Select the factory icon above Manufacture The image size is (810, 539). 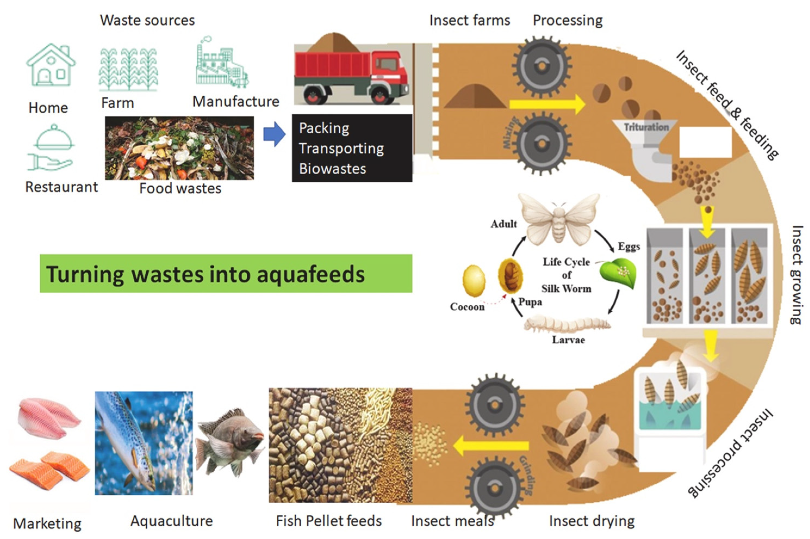click(x=222, y=64)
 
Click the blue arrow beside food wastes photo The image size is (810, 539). click(x=274, y=134)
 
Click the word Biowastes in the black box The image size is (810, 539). click(x=332, y=169)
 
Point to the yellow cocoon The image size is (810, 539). click(x=474, y=280)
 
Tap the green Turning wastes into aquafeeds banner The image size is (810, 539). click(x=226, y=274)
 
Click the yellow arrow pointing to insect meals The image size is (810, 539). click(x=491, y=446)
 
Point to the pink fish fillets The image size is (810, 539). click(x=48, y=418)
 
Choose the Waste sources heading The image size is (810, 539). click(x=147, y=20)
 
